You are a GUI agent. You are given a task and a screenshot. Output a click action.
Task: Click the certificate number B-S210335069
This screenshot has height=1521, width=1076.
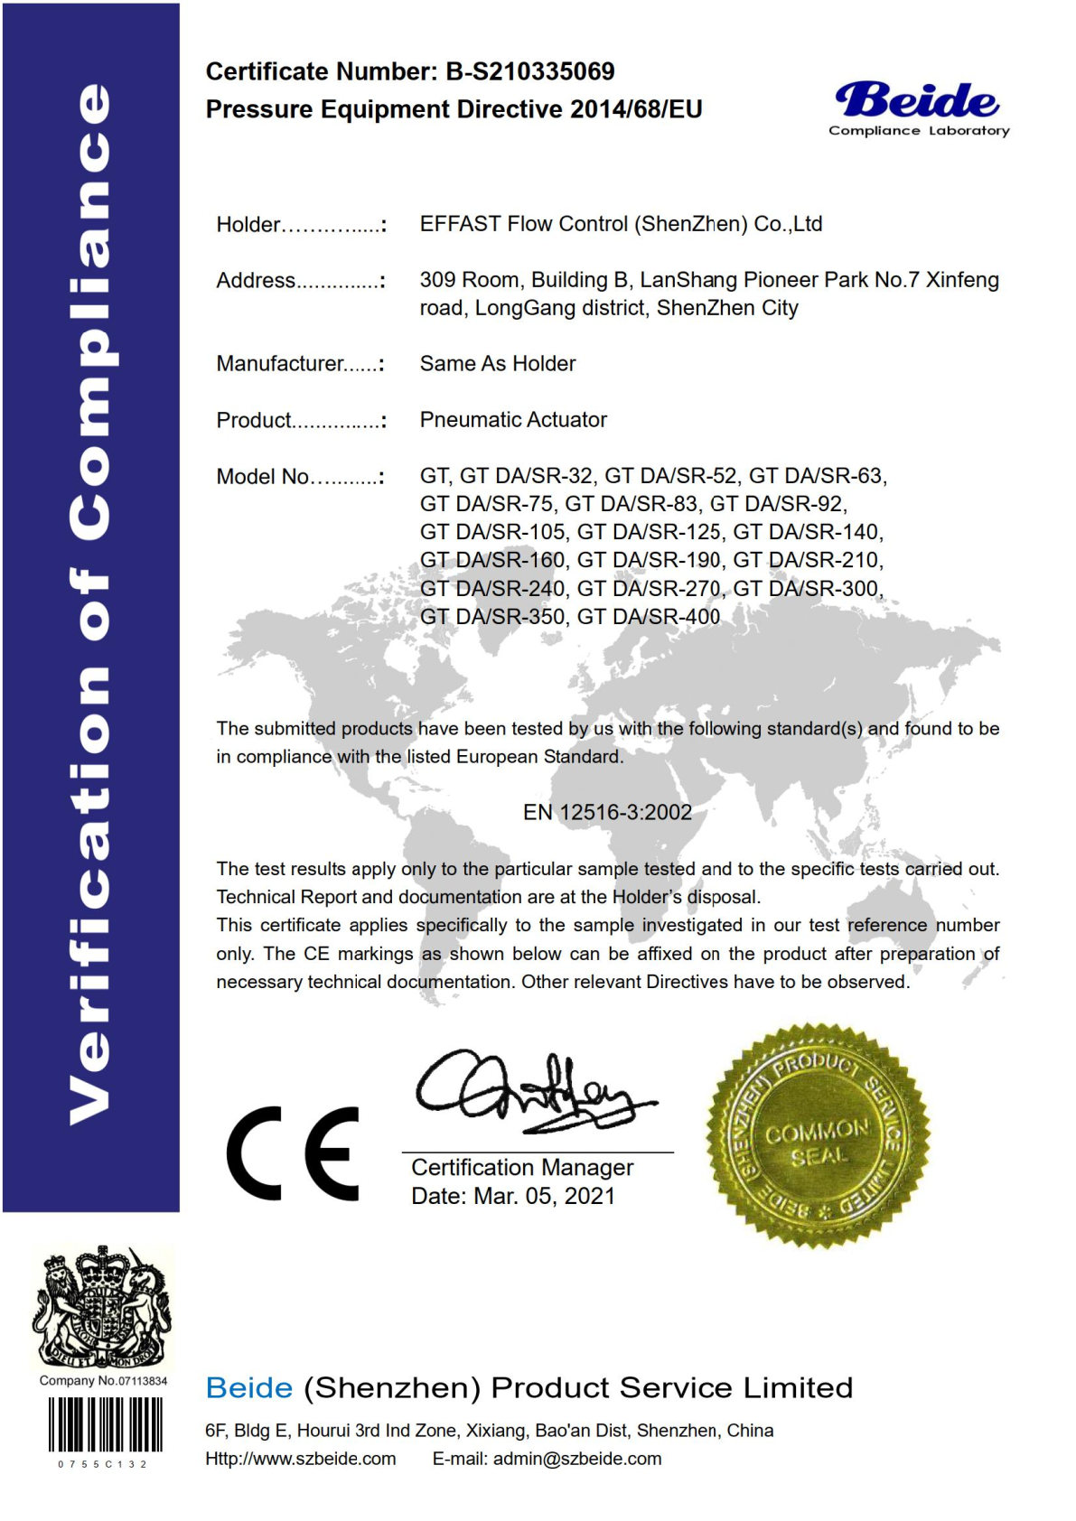pyautogui.click(x=529, y=71)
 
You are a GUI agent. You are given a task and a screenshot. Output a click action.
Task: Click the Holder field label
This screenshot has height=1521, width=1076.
pyautogui.click(x=248, y=224)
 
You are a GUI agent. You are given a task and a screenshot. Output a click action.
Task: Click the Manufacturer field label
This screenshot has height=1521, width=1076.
pyautogui.click(x=280, y=363)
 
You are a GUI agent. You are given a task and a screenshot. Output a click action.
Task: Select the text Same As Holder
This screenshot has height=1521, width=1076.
pyautogui.click(x=497, y=363)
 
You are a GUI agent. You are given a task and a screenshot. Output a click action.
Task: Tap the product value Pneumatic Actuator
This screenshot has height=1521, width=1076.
pyautogui.click(x=513, y=419)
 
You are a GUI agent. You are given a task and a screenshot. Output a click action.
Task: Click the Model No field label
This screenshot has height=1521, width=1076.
pyautogui.click(x=263, y=476)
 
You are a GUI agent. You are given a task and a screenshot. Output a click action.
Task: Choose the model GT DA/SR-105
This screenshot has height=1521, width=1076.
pyautogui.click(x=492, y=532)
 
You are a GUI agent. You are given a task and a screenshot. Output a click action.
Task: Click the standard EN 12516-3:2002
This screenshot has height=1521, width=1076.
pyautogui.click(x=607, y=812)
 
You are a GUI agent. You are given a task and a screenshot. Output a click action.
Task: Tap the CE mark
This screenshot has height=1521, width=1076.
pyautogui.click(x=293, y=1152)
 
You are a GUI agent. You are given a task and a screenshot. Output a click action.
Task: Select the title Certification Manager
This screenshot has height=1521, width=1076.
pyautogui.click(x=522, y=1167)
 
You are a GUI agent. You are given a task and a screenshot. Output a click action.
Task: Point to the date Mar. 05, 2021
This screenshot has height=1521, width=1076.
pyautogui.click(x=544, y=1196)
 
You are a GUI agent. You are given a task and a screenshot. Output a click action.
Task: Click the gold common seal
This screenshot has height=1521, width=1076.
pyautogui.click(x=819, y=1136)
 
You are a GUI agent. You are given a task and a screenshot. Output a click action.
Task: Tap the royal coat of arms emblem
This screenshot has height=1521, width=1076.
pyautogui.click(x=102, y=1306)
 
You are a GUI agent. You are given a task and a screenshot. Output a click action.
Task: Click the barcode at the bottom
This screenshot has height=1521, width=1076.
pyautogui.click(x=105, y=1425)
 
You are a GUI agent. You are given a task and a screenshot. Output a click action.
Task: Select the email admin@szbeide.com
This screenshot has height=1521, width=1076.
pyautogui.click(x=576, y=1459)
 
